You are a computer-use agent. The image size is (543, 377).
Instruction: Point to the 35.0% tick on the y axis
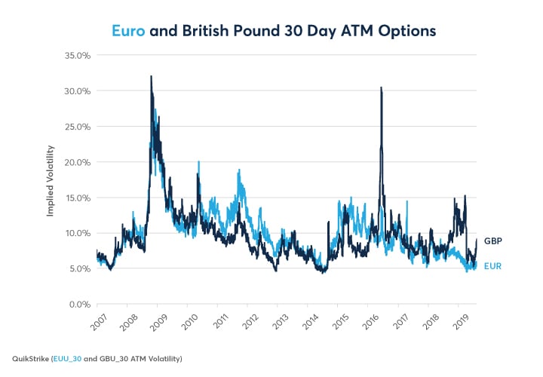coord(75,56)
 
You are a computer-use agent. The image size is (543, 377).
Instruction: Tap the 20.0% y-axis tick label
coord(75,162)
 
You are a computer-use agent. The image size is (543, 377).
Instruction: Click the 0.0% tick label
coord(78,304)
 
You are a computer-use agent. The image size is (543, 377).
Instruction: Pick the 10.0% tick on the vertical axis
coord(75,233)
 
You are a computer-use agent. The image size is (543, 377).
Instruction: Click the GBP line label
coord(492,241)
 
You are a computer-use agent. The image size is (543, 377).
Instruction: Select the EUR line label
coord(492,266)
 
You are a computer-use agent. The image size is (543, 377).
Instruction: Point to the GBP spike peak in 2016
coord(381,87)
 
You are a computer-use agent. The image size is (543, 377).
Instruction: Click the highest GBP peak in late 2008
coord(151,76)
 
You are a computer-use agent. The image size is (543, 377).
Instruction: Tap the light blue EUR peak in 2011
coord(238,170)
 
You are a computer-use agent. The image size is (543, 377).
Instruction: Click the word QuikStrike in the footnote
coord(29,357)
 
